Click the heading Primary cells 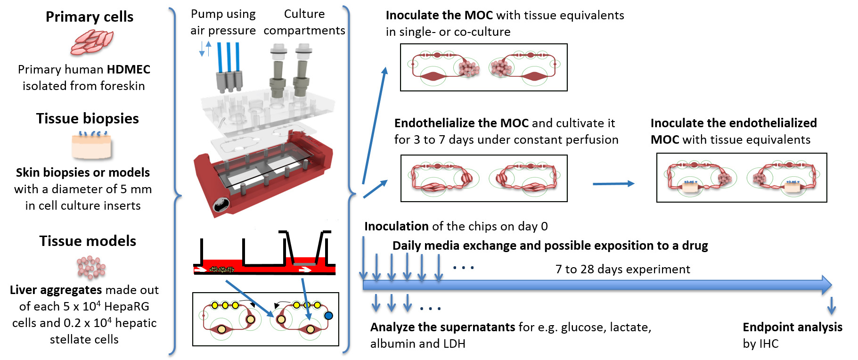[90, 17]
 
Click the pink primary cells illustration [92, 42]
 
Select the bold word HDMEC [128, 70]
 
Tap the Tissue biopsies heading [88, 118]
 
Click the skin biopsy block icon [92, 146]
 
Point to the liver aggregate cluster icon [91, 268]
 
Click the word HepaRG [126, 307]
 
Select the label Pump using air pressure [223, 22]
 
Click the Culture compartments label [304, 22]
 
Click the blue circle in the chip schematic [328, 316]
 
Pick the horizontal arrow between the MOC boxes [613, 184]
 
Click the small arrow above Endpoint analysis [832, 306]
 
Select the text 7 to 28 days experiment [622, 270]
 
